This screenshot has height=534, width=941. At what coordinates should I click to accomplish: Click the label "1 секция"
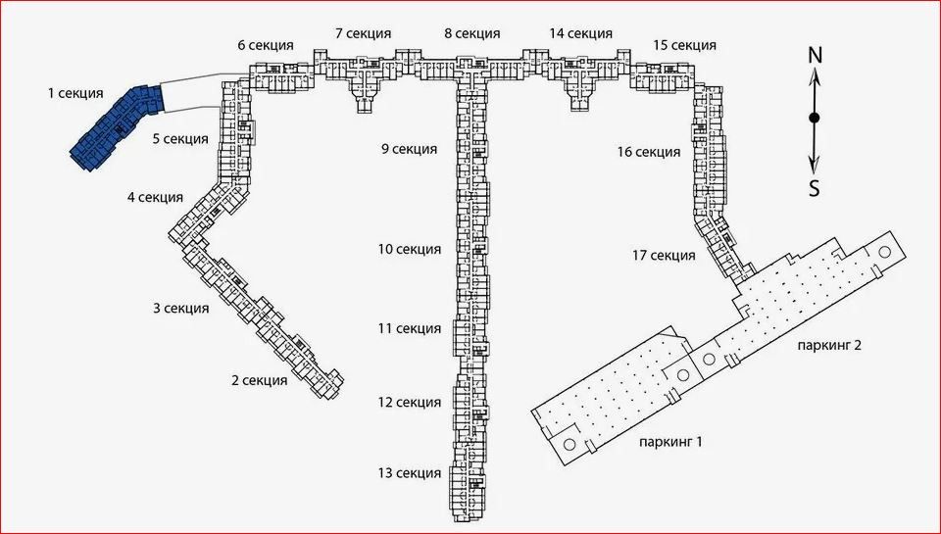(75, 94)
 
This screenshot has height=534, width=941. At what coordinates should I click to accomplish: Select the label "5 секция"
(180, 139)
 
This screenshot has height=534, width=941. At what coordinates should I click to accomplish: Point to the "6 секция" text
(266, 45)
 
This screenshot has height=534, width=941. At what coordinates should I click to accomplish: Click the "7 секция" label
(363, 33)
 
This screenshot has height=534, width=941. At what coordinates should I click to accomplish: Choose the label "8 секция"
(472, 33)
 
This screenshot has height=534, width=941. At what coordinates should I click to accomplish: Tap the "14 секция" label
(581, 33)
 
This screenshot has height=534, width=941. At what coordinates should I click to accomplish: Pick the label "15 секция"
(685, 45)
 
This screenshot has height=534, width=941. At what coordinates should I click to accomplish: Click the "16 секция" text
(649, 153)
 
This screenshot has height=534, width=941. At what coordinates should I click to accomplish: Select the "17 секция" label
(664, 256)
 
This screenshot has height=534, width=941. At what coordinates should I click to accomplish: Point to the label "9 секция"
(410, 149)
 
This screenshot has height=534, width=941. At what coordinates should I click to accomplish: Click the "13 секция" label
(410, 473)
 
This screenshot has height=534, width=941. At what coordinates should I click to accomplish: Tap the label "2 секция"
(260, 380)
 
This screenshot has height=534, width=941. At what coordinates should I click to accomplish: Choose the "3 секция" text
(181, 309)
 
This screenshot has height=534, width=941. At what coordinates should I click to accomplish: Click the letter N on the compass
(815, 56)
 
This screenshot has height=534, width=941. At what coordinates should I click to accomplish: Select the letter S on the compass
(815, 189)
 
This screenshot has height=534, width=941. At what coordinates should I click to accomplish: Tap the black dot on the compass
(815, 119)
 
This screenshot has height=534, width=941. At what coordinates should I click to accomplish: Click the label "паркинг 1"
(670, 443)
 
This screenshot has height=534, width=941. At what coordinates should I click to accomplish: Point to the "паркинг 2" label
(830, 345)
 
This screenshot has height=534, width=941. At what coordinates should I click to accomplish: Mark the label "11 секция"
(410, 329)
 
